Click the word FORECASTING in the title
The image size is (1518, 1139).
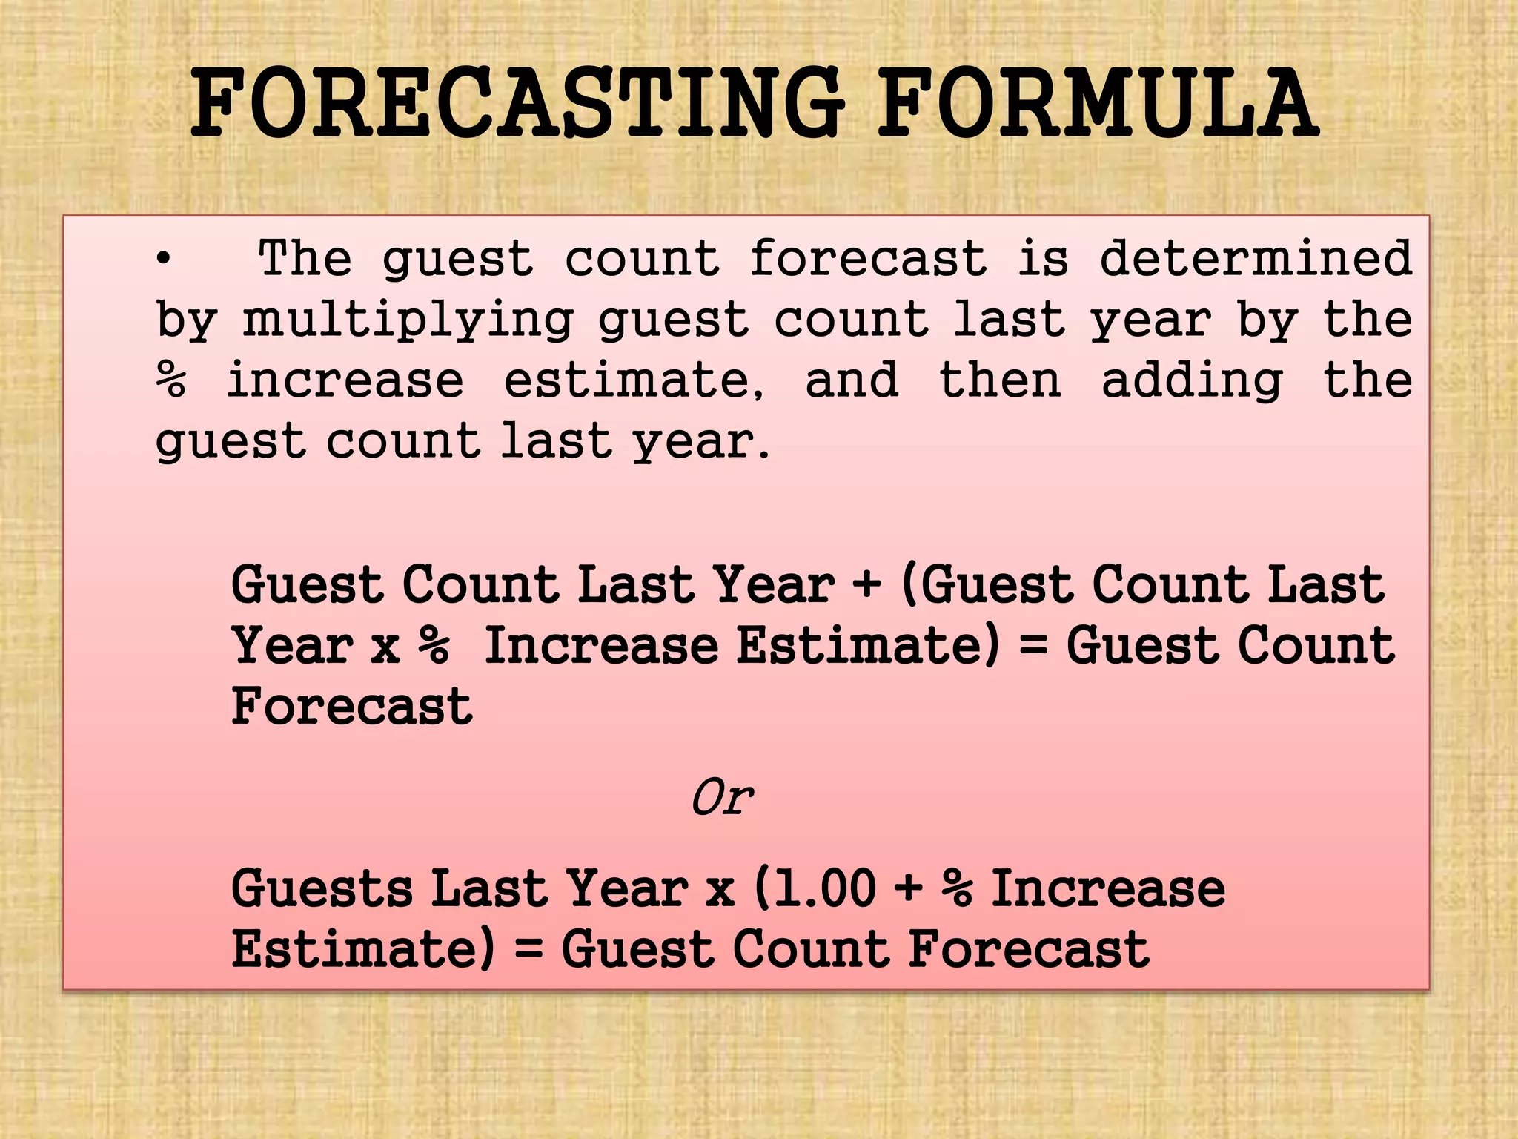[x=517, y=104]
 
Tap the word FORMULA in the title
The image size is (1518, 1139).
[x=1098, y=104]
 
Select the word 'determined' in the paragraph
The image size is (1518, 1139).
[x=1256, y=258]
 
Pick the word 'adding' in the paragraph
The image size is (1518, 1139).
[x=1192, y=381]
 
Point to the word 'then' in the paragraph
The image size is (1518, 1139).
[x=1000, y=380]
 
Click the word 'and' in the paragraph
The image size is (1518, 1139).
[x=852, y=380]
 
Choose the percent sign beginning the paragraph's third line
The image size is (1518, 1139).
[x=170, y=380]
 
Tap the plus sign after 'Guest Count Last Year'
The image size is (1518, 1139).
[x=866, y=583]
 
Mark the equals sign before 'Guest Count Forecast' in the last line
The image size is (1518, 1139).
[x=528, y=949]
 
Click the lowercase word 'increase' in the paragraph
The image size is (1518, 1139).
[x=345, y=380]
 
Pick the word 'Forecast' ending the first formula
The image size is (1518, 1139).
[x=352, y=706]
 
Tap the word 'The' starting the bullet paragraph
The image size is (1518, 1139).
[x=305, y=258]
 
